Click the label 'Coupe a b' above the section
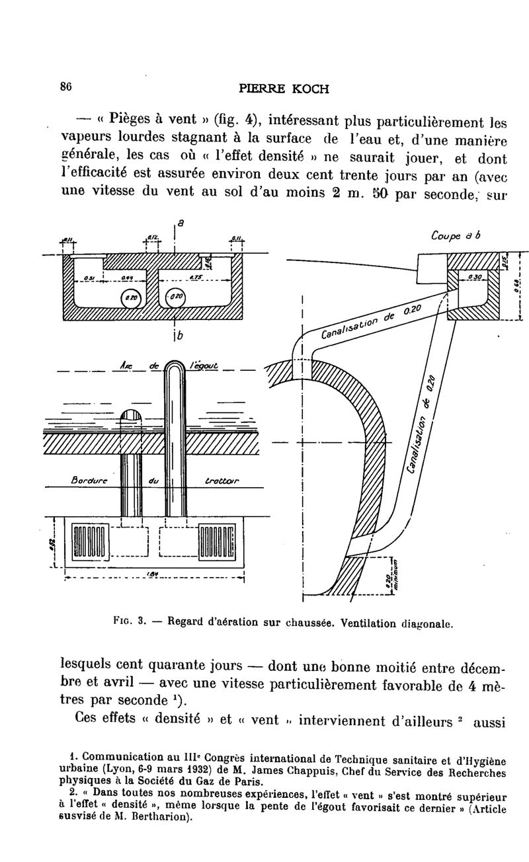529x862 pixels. click(455, 236)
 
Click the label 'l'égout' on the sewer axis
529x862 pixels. click(202, 365)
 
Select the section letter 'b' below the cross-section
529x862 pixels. click(178, 334)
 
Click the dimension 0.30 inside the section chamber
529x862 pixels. click(474, 277)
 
